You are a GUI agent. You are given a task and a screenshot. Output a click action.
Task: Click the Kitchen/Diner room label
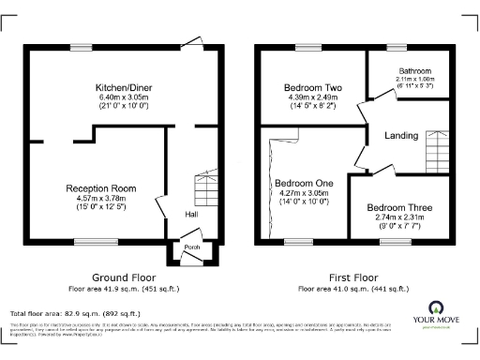118,87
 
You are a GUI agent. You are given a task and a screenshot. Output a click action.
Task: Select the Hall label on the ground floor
190,215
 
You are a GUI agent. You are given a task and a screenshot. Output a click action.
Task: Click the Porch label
190,247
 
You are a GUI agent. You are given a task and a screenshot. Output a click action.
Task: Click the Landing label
401,136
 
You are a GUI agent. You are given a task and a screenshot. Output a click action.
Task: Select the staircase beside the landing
437,148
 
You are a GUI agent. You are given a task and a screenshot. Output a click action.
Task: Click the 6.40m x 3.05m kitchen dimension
118,97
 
